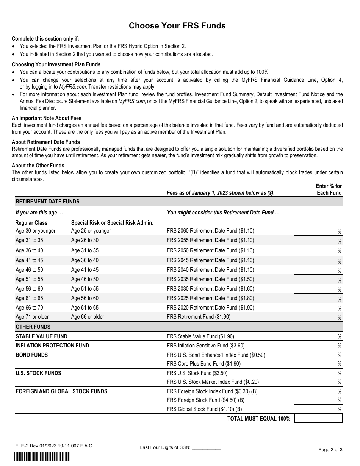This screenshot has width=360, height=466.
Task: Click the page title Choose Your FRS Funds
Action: point(177,26)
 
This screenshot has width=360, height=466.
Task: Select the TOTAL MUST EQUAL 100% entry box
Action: point(318,418)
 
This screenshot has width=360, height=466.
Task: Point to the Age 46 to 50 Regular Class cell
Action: point(30,270)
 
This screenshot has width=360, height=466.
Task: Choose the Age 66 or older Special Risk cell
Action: point(88,317)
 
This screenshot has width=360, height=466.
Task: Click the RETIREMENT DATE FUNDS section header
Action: point(47,202)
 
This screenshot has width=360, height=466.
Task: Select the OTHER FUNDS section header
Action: point(33,327)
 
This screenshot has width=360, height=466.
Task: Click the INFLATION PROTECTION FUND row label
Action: point(52,346)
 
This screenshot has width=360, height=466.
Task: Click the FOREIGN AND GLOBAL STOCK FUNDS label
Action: point(61,391)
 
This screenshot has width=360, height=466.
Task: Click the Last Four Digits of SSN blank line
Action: point(206,447)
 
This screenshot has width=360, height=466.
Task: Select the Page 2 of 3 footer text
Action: point(330,450)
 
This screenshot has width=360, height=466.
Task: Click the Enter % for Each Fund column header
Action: point(329,189)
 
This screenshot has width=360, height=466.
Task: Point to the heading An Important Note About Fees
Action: point(47,118)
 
